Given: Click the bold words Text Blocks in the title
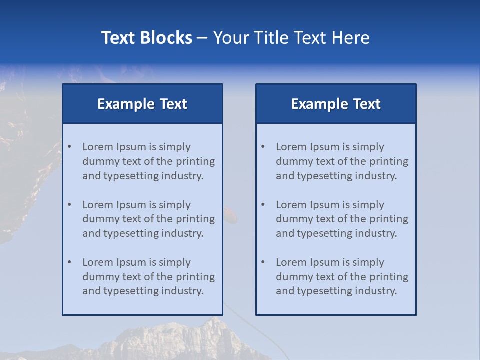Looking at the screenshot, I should (x=146, y=38).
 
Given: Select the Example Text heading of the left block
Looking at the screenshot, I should (x=142, y=104).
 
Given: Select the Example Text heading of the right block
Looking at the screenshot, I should (x=336, y=104).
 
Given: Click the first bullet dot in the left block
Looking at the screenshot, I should (x=69, y=147).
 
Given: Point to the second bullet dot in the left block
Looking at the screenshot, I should (x=69, y=205).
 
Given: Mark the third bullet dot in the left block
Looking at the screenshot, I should (x=69, y=262).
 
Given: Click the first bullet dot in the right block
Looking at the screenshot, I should (x=263, y=147).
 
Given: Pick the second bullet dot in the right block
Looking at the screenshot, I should (x=263, y=205).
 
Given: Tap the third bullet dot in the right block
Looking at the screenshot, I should (x=263, y=262).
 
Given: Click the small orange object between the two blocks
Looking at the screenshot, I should (x=230, y=216).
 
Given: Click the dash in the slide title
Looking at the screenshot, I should (x=202, y=38).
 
